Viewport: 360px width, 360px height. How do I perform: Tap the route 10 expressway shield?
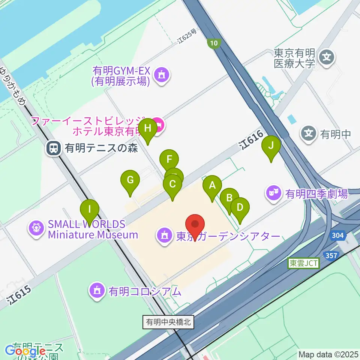pos(213,43)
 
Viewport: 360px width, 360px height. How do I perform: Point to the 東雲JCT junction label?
pos(303,263)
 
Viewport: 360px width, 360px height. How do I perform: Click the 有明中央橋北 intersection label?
pos(168,322)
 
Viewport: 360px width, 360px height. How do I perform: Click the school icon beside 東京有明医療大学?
pos(326,58)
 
